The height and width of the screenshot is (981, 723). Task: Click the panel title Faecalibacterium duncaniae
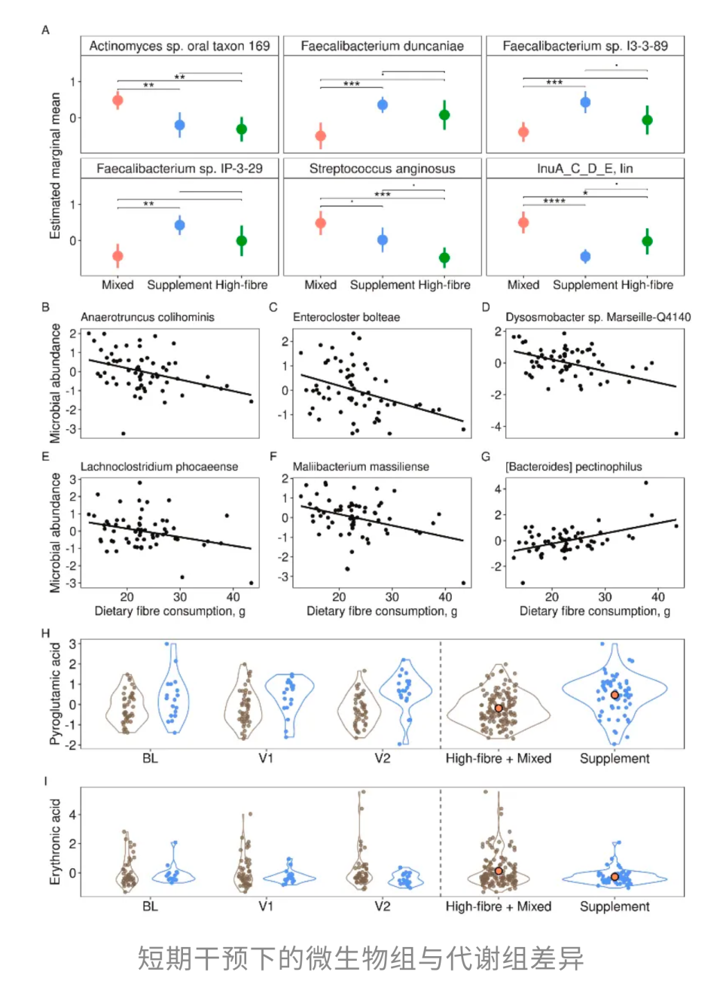coord(382,46)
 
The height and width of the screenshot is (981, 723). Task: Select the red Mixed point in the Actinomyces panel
coord(117,100)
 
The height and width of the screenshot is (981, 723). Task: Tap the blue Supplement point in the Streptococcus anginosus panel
coord(383,240)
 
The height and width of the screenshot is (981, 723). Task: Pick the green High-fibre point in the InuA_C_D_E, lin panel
coord(647,242)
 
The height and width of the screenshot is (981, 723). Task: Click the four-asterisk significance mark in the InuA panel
coord(554,201)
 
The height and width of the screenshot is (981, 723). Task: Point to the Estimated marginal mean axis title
coord(55,166)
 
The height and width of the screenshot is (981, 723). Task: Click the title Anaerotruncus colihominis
coord(148,317)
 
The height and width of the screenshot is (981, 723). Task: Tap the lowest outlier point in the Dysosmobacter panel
coord(676,434)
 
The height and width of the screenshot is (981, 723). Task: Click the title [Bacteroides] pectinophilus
coord(574,467)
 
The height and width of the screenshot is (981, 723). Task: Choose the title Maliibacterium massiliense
coord(361,467)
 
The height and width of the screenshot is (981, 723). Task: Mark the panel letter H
coord(45,633)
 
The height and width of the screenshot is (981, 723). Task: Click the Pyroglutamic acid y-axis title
coord(55,693)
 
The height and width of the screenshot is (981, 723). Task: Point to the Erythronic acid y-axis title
coord(55,842)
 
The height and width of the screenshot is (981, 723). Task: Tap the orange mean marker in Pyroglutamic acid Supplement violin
coord(615,695)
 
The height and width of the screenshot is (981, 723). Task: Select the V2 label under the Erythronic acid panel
coord(383,906)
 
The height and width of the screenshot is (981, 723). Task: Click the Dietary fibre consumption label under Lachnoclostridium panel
coord(169,611)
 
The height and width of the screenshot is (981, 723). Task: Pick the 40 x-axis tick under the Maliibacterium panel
coord(445,597)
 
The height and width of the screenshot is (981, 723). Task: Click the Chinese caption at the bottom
coord(361,958)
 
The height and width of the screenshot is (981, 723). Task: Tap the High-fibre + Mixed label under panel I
coord(499,906)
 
